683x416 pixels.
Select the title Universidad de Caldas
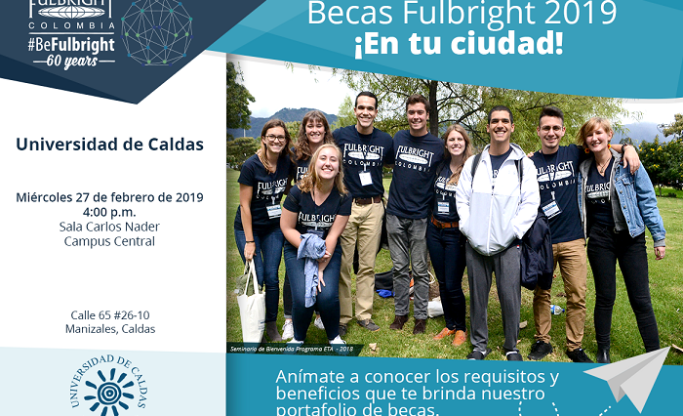(109, 145)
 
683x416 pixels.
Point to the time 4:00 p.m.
(109, 212)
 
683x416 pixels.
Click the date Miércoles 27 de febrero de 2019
(109, 197)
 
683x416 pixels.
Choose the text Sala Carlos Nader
(109, 227)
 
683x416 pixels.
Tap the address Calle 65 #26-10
(109, 314)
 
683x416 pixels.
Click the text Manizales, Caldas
(109, 329)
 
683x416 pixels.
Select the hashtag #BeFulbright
(71, 44)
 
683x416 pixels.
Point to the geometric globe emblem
(156, 29)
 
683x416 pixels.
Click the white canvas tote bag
(251, 305)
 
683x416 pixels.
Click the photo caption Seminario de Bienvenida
(291, 348)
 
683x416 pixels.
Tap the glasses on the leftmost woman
(274, 139)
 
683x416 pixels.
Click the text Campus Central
(109, 241)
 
